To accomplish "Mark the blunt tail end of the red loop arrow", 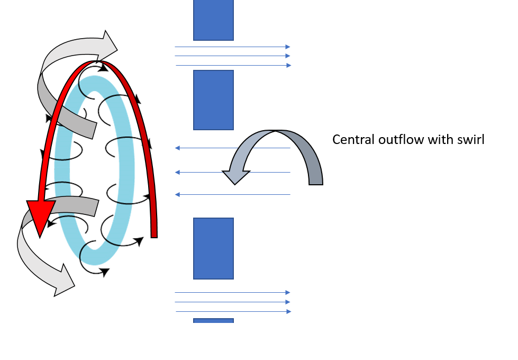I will [154, 233].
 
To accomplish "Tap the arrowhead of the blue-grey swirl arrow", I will [236, 175].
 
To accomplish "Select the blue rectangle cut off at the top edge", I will [213, 20].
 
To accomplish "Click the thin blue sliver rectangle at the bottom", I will [213, 320].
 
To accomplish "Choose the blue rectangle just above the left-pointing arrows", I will [213, 100].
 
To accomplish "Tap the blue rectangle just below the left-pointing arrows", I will [213, 248].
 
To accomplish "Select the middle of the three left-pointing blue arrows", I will [233, 172].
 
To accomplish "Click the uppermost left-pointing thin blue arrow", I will [233, 148].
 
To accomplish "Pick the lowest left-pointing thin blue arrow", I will [233, 195].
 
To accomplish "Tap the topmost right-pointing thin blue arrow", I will [233, 47].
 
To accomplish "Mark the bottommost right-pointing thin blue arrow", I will [233, 311].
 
